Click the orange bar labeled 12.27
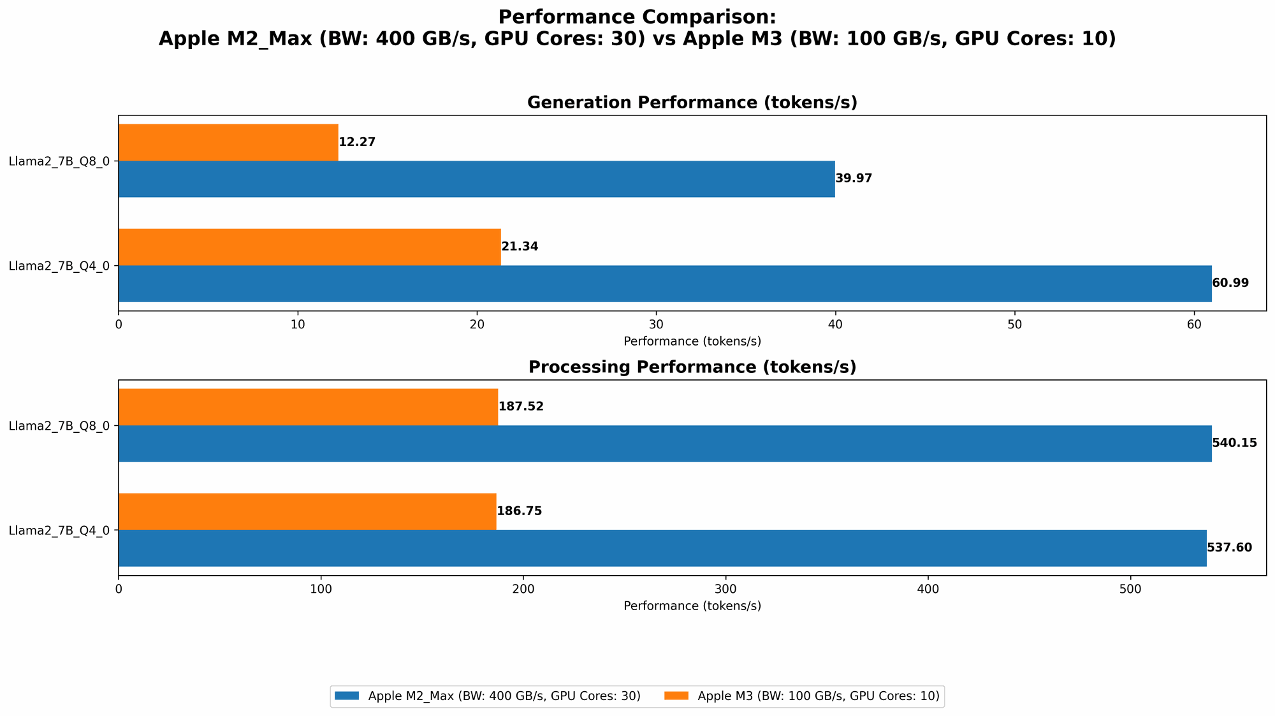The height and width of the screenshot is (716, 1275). pyautogui.click(x=228, y=142)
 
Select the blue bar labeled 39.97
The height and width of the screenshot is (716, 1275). pyautogui.click(x=476, y=179)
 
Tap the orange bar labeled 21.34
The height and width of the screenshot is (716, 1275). pyautogui.click(x=309, y=247)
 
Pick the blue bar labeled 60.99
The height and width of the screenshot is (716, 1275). pyautogui.click(x=664, y=283)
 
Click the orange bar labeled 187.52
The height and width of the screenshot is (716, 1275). pyautogui.click(x=308, y=407)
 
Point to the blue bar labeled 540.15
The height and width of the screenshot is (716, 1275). pyautogui.click(x=664, y=443)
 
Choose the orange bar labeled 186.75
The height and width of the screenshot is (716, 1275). pyautogui.click(x=307, y=511)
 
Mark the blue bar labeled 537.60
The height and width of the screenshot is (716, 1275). pyautogui.click(x=662, y=548)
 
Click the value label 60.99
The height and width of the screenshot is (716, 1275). pyautogui.click(x=1230, y=283)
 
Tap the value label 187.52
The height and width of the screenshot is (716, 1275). pyautogui.click(x=521, y=407)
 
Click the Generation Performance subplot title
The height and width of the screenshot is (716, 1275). pyautogui.click(x=692, y=103)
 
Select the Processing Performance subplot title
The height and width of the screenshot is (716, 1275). pyautogui.click(x=692, y=367)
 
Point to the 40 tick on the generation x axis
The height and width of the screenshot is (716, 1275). pyautogui.click(x=835, y=324)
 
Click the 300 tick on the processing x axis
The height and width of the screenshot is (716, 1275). pyautogui.click(x=725, y=588)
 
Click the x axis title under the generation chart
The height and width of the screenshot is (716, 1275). pyautogui.click(x=692, y=341)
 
